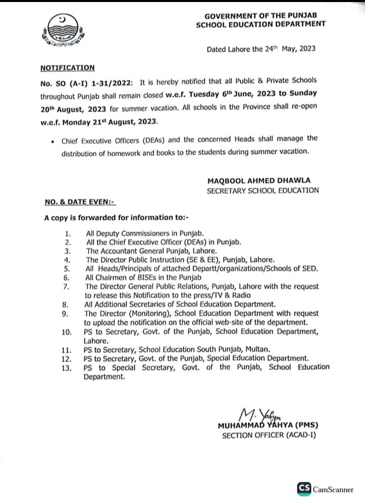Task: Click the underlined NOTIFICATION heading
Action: pos(67,68)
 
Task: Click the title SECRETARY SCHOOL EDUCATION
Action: pos(263,190)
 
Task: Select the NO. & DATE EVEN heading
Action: pos(80,202)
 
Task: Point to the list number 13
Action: pos(66,367)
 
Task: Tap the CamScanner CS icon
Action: pos(304,488)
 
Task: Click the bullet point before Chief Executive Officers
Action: pos(53,139)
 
